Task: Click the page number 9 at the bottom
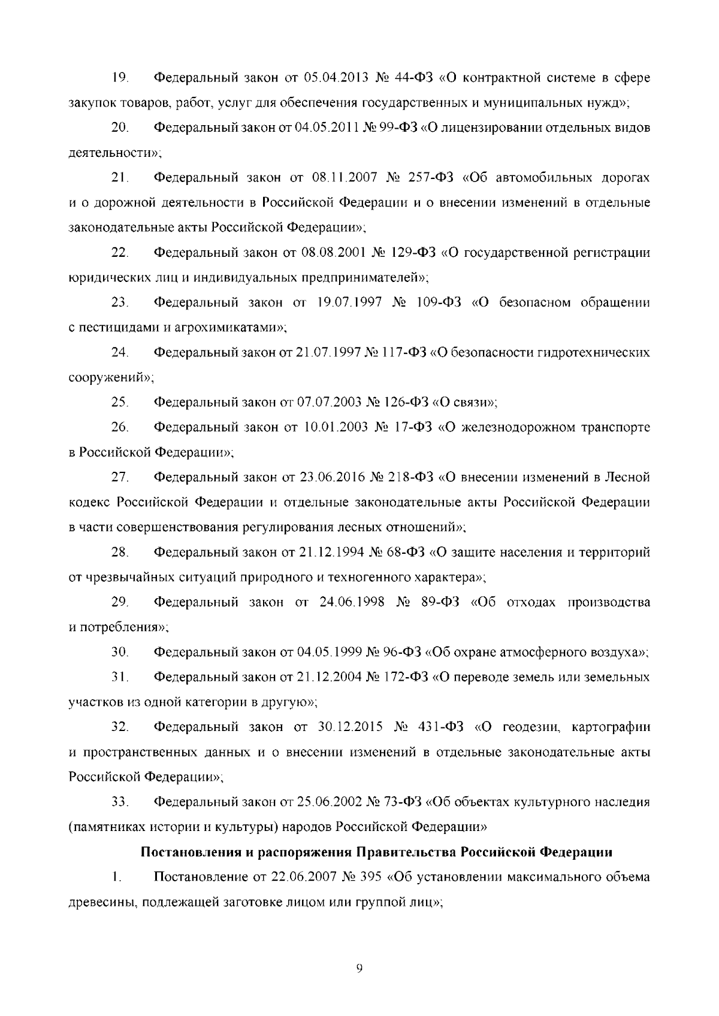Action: pos(359,968)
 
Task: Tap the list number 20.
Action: pos(119,128)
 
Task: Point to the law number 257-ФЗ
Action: pos(433,178)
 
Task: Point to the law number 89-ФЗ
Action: pos(436,602)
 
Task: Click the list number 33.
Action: pos(119,802)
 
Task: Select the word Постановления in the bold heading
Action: pos(183,852)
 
